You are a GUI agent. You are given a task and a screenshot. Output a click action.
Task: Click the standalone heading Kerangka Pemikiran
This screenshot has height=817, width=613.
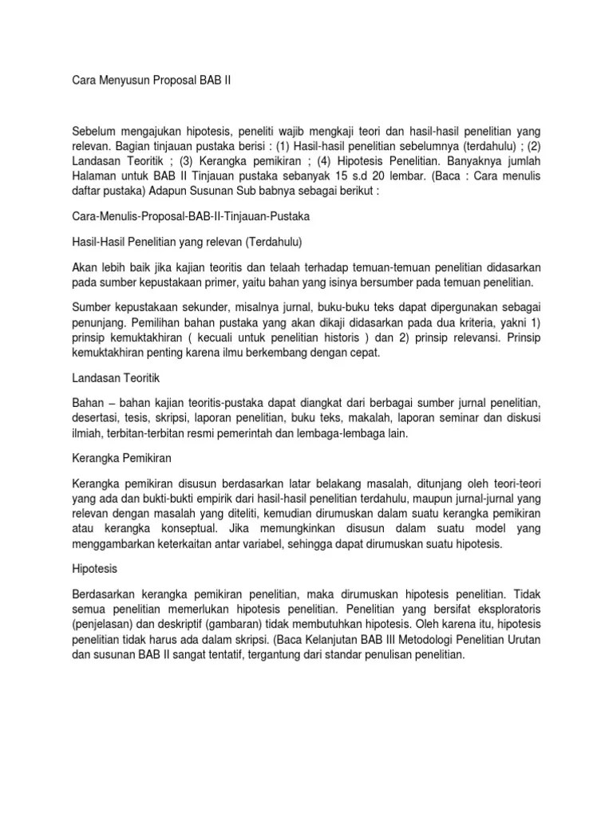click(x=121, y=460)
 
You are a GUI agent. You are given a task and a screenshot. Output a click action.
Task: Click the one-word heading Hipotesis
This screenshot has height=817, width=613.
click(x=95, y=571)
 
